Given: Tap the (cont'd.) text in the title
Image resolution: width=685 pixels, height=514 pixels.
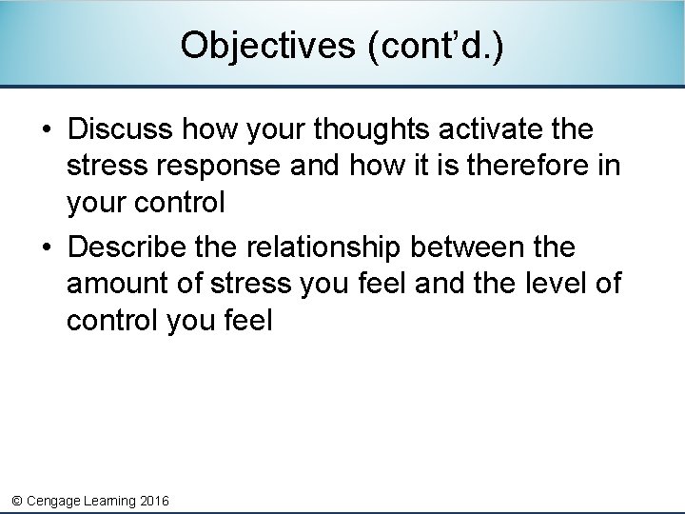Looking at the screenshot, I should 436,45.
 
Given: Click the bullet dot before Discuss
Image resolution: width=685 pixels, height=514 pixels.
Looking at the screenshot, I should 48,129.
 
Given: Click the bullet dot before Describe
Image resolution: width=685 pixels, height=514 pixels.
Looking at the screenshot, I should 48,248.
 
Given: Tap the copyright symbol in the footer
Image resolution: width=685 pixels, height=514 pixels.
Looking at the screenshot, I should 15,500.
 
